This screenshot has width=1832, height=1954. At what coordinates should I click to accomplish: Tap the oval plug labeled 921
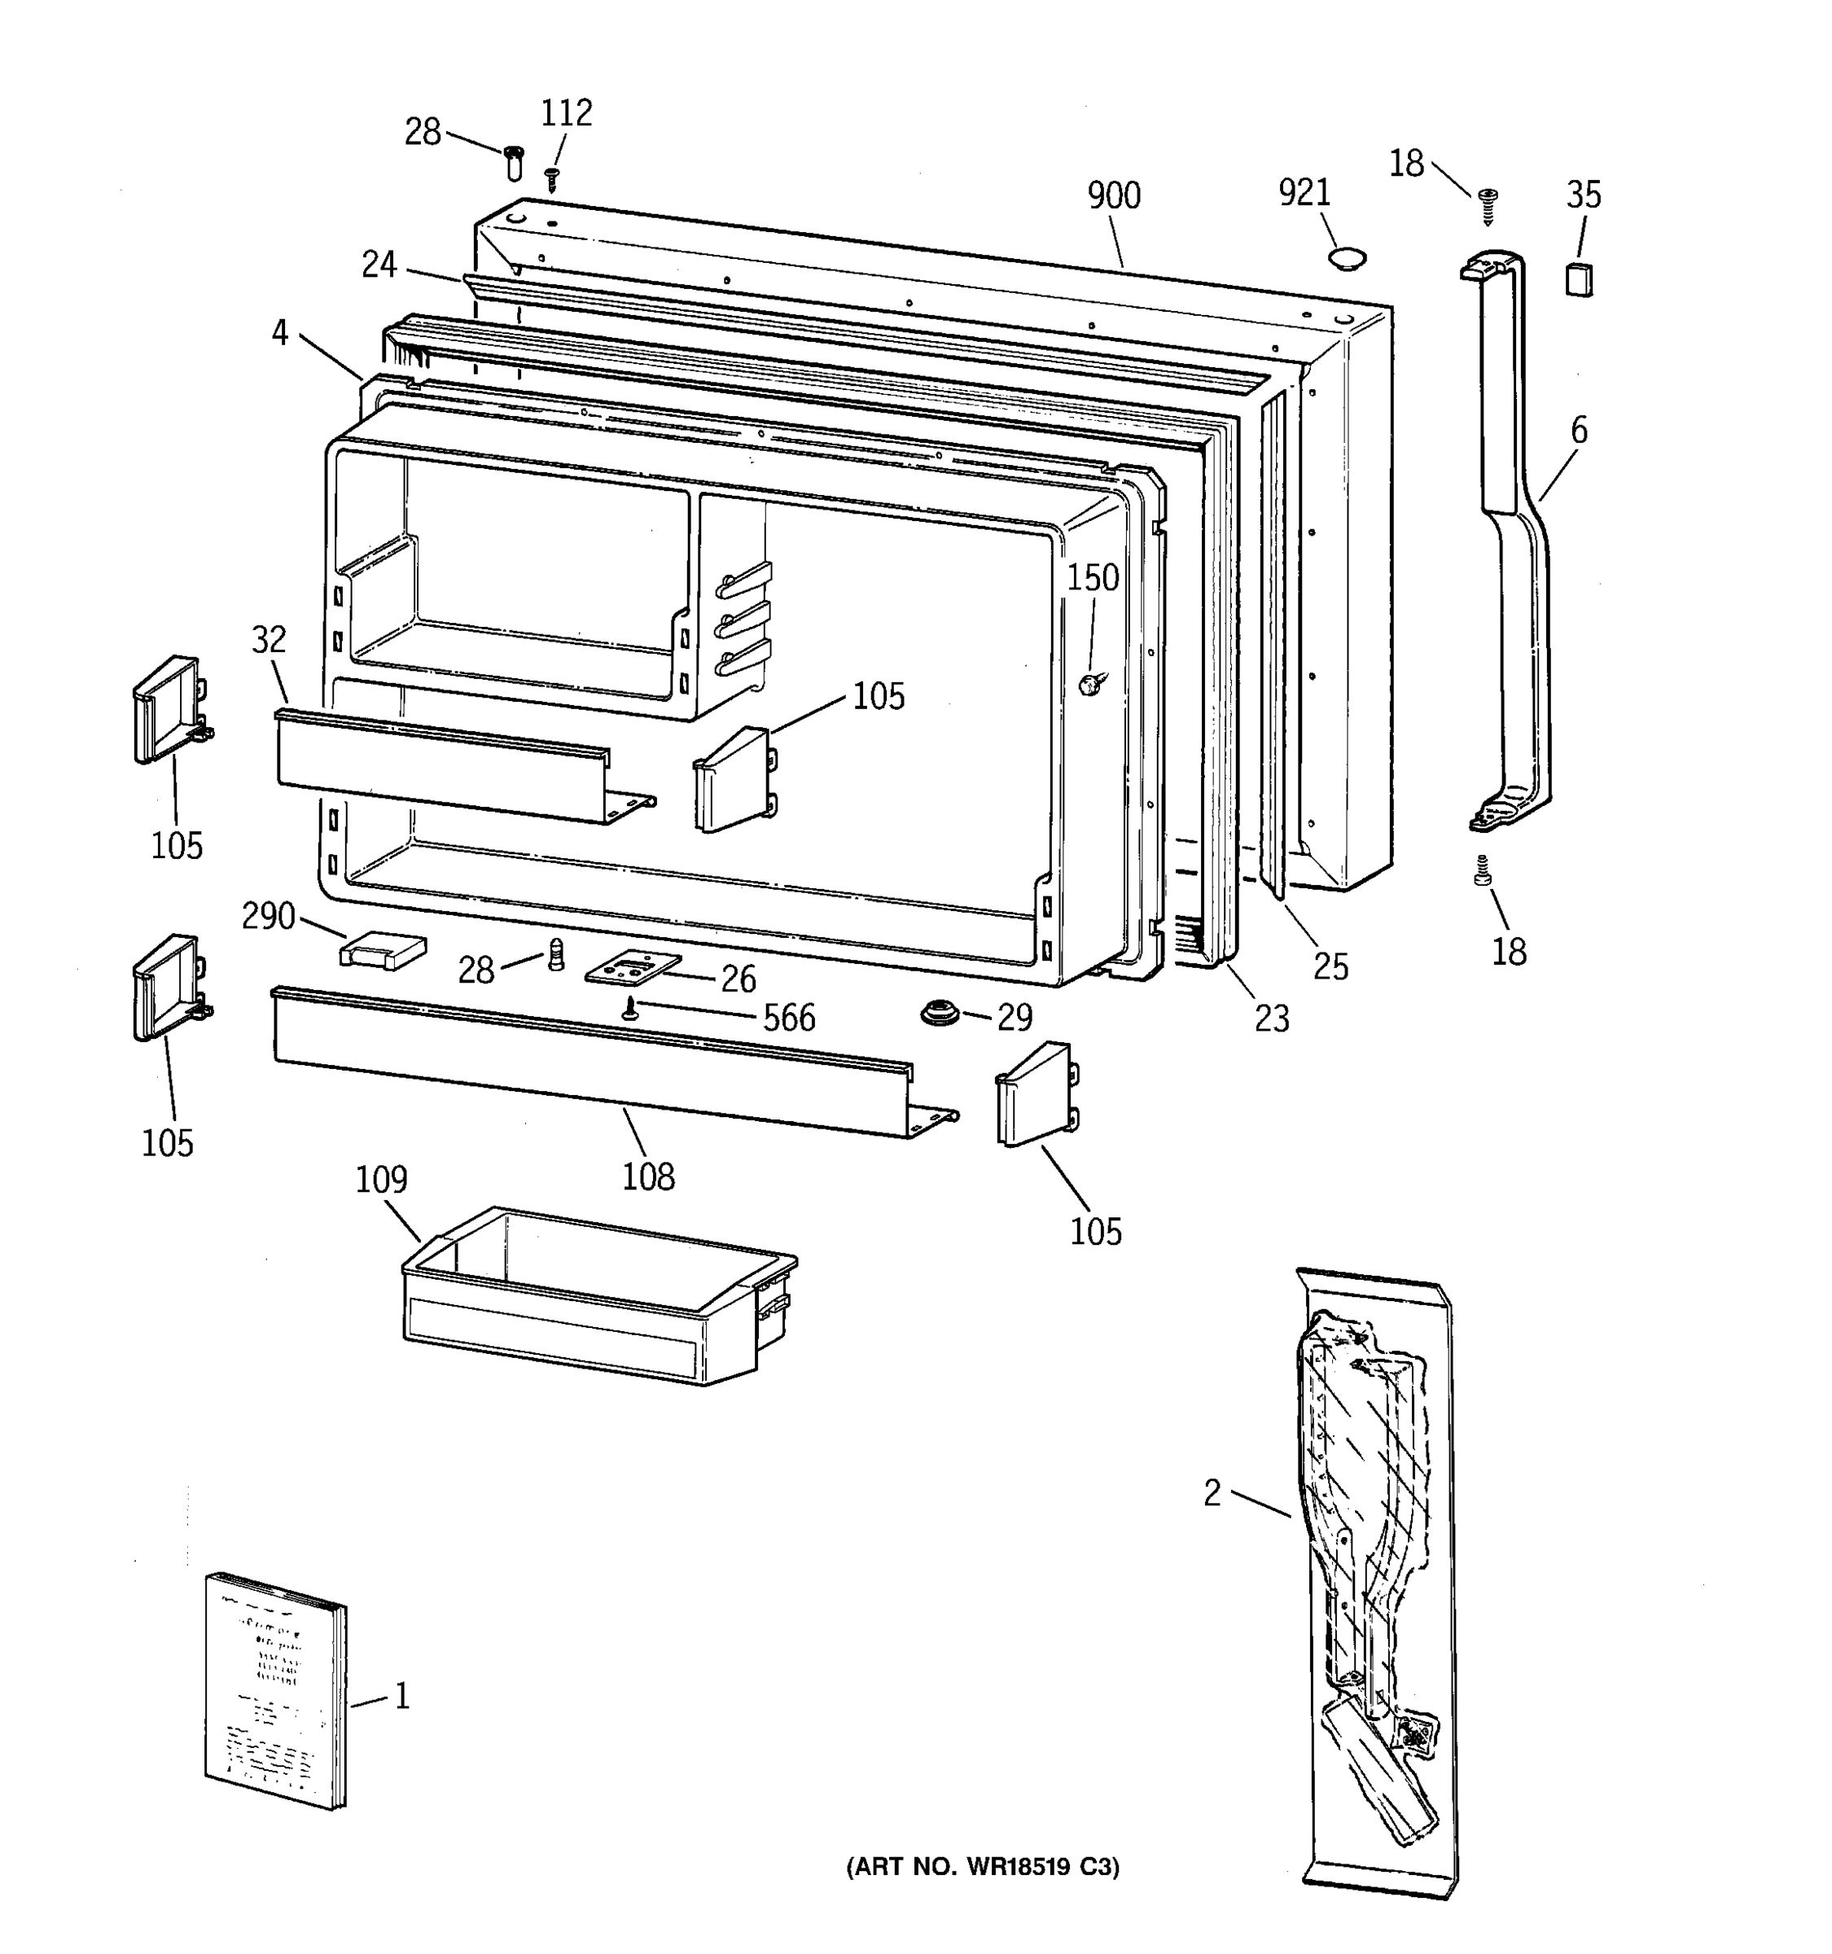point(1344,259)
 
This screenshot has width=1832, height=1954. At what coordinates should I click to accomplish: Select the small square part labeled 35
point(1579,279)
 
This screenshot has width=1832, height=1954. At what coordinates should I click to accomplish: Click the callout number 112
point(566,113)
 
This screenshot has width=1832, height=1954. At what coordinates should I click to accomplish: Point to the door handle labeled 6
point(1514,531)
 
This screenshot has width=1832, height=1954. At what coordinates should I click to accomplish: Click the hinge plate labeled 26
point(632,968)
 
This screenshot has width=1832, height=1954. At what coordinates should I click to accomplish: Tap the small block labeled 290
point(383,949)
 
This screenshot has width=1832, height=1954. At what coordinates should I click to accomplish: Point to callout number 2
point(1212,1493)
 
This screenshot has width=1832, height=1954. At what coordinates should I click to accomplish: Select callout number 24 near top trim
point(379,265)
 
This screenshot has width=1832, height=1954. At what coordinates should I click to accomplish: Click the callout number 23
point(1271,1019)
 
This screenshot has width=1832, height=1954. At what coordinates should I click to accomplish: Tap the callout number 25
point(1330,966)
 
